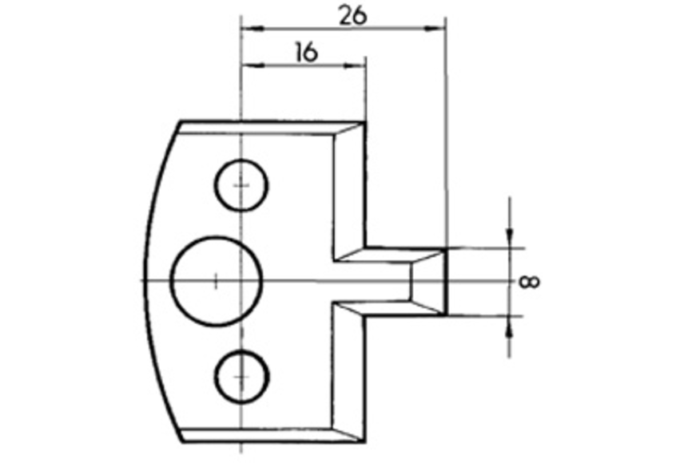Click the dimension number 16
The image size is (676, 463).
(304, 52)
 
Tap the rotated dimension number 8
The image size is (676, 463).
(528, 281)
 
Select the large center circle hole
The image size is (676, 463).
(217, 280)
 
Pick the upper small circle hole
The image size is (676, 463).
(241, 185)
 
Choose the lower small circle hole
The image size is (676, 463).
(241, 375)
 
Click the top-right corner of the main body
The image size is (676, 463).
(365, 122)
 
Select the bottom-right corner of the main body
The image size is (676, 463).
(365, 440)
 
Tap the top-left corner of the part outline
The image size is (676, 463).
(181, 122)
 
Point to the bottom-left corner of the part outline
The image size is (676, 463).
(181, 440)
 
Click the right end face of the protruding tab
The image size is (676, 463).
(444, 281)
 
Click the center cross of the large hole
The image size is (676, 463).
(217, 280)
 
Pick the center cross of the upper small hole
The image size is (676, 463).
(241, 185)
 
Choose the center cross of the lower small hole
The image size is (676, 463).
(241, 375)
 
